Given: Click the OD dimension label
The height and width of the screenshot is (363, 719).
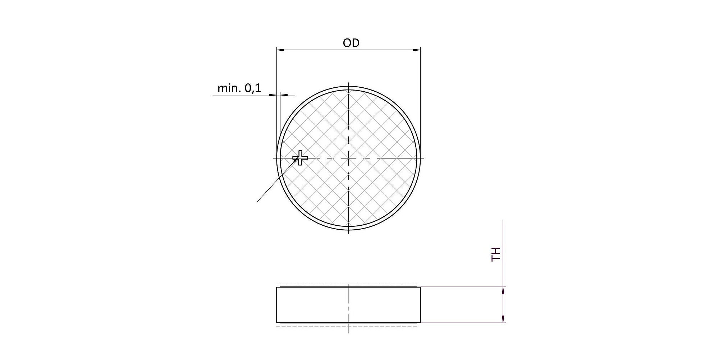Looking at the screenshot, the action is tap(351, 43).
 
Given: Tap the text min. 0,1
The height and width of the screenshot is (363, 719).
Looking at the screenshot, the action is tap(239, 88).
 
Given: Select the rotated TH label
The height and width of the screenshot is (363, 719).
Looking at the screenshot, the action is tap(496, 254).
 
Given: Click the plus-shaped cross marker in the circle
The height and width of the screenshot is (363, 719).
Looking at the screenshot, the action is tap(300, 157).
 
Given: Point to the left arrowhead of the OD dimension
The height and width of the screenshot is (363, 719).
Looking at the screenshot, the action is tap(281, 50).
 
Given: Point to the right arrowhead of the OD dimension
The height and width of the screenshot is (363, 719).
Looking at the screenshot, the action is tap(416, 50).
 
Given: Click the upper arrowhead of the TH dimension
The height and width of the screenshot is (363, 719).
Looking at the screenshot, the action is tap(503, 291).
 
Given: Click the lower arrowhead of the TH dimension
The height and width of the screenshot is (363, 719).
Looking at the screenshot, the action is tap(503, 318).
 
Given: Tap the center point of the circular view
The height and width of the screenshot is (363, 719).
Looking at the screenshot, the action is tap(348, 158).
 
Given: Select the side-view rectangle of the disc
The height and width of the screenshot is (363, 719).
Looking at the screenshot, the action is tap(348, 305).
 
